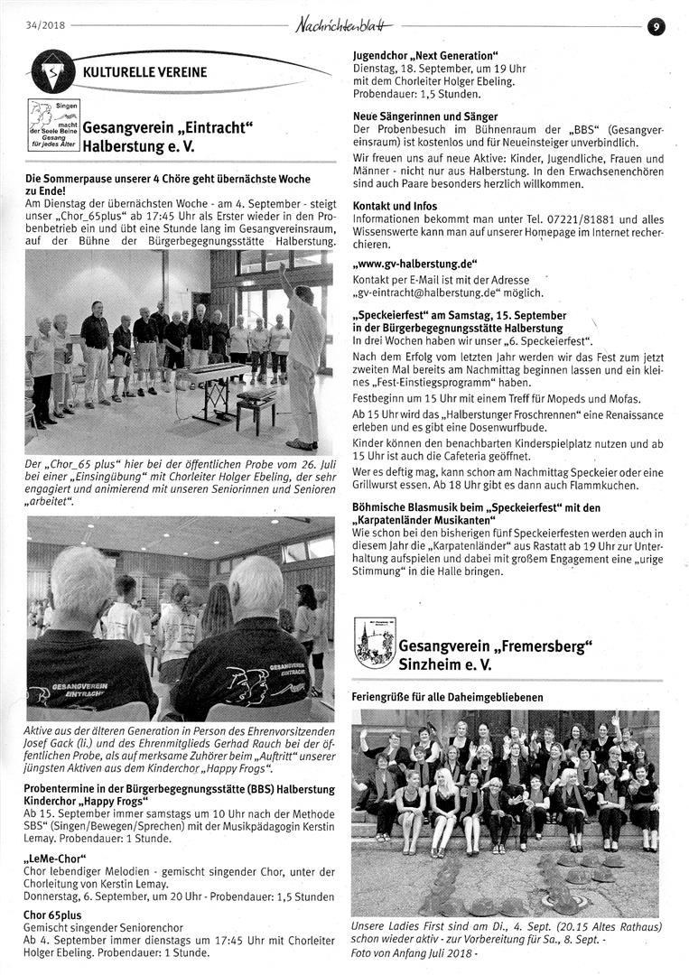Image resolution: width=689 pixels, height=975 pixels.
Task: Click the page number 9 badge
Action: [x=656, y=27]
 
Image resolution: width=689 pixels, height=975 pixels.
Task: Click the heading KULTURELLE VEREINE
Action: [x=144, y=72]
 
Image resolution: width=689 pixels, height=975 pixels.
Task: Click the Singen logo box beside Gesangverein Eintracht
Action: [x=53, y=125]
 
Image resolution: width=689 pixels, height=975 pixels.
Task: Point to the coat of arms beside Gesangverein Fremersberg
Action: [x=373, y=643]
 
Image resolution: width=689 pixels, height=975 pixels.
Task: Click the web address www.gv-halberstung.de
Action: [x=414, y=264]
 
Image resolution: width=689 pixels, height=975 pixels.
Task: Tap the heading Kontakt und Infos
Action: [x=395, y=206]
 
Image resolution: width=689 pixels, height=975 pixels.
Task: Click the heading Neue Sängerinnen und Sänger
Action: [x=424, y=116]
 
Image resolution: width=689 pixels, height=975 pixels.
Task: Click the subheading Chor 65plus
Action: [x=56, y=915]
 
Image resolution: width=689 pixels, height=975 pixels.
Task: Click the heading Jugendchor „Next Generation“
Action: [x=425, y=56]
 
